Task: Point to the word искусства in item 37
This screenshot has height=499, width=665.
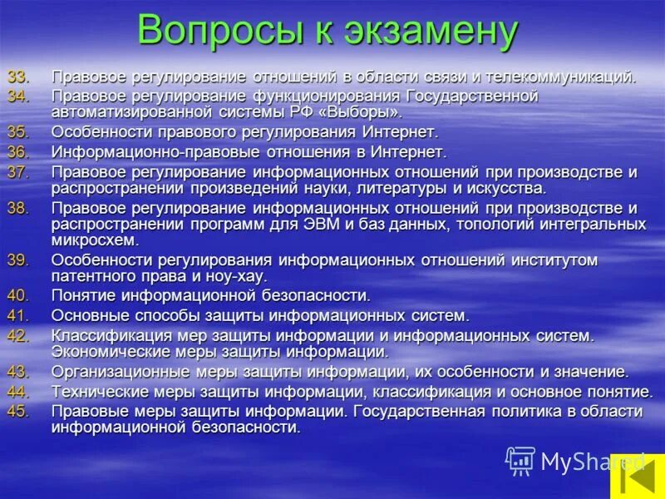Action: pyautogui.click(x=506, y=188)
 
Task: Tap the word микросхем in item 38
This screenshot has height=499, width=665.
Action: pyautogui.click(x=93, y=240)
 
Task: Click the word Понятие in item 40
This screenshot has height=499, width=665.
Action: pyautogui.click(x=85, y=295)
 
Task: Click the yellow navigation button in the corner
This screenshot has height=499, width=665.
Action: pyautogui.click(x=637, y=476)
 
